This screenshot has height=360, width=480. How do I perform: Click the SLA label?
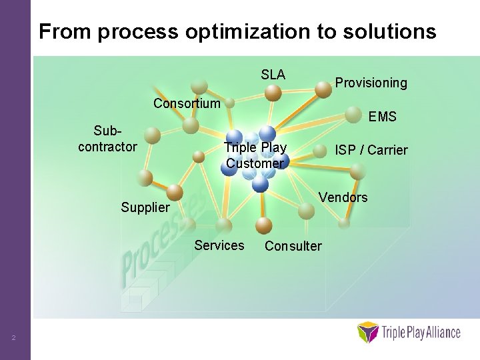pyautogui.click(x=273, y=75)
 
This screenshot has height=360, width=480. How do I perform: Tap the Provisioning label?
pyautogui.click(x=371, y=83)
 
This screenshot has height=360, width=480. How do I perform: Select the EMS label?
pyautogui.click(x=382, y=117)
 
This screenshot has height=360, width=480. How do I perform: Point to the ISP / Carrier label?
pyautogui.click(x=371, y=149)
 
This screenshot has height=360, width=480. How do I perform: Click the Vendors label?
pyautogui.click(x=343, y=197)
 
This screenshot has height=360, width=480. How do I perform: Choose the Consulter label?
pyautogui.click(x=293, y=246)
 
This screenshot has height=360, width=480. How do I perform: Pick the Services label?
pyautogui.click(x=219, y=245)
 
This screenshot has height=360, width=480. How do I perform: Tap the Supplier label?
pyautogui.click(x=145, y=207)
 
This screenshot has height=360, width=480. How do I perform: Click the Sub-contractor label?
pyautogui.click(x=107, y=139)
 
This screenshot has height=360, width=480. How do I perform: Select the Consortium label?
pyautogui.click(x=186, y=103)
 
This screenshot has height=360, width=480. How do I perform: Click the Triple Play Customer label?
pyautogui.click(x=255, y=155)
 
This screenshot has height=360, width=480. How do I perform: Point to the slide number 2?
pyautogui.click(x=13, y=339)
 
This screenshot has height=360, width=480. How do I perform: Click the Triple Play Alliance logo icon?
pyautogui.click(x=367, y=332)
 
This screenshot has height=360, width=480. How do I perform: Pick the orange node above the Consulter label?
pyautogui.click(x=263, y=225)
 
